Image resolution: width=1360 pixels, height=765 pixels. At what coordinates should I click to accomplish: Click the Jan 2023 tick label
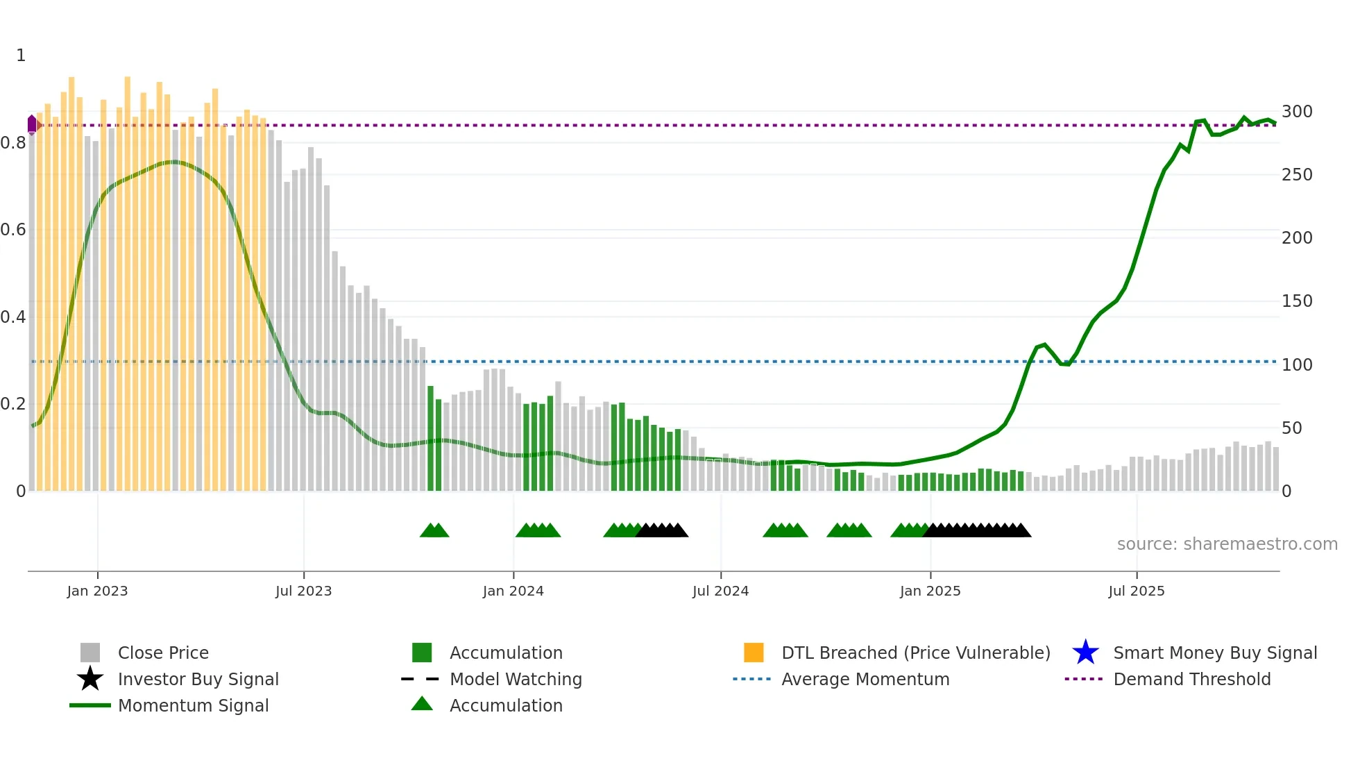click(97, 591)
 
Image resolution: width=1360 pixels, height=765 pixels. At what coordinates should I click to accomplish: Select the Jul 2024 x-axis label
click(720, 591)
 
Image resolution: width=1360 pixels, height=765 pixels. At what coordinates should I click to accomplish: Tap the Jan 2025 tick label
click(930, 591)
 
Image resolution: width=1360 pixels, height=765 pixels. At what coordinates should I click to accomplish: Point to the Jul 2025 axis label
click(1136, 591)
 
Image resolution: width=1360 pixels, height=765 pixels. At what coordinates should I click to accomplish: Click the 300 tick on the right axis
click(1297, 112)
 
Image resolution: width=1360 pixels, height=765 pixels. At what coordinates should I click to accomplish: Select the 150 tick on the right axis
click(1297, 301)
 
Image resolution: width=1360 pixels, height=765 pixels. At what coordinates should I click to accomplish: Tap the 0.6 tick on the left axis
click(13, 230)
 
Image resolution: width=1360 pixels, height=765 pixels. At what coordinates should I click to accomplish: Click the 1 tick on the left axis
click(21, 56)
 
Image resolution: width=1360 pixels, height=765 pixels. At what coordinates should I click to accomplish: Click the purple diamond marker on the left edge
click(32, 125)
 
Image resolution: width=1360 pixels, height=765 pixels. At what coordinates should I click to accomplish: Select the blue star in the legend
click(1085, 653)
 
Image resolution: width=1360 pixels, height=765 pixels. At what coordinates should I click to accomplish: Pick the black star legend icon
click(90, 679)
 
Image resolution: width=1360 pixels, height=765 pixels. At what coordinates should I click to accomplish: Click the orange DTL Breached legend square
click(754, 653)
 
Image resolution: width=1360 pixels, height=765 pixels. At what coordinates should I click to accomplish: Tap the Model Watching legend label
click(516, 679)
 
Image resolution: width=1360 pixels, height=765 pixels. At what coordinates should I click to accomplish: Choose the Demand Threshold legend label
click(1191, 679)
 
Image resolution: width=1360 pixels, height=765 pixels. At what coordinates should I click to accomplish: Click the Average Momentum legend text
click(865, 679)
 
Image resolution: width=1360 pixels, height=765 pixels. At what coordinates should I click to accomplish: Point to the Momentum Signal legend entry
click(193, 705)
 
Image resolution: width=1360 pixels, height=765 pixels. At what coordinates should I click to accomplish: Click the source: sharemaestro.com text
click(1227, 544)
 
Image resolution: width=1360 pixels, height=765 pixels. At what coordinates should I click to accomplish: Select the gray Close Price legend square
click(90, 653)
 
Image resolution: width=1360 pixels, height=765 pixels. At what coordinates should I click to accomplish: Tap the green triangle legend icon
click(422, 704)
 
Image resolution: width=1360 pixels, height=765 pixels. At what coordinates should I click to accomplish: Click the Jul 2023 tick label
click(303, 591)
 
